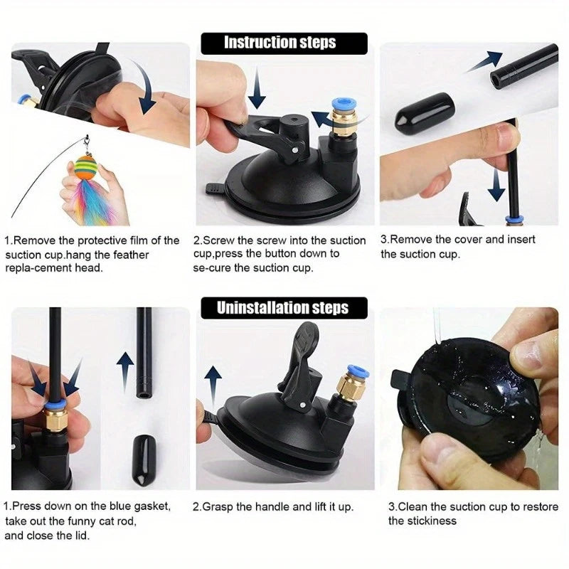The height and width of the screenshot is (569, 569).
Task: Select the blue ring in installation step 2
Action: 343,106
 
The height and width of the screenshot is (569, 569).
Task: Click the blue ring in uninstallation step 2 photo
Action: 356,371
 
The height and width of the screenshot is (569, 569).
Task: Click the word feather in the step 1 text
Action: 131,255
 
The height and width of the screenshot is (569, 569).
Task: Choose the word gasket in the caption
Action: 152,506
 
